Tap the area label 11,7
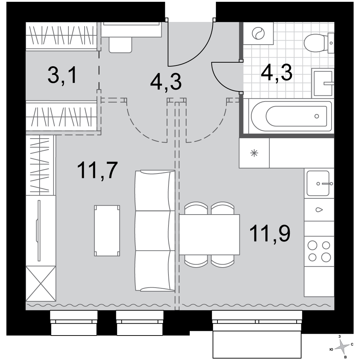tap(98, 170)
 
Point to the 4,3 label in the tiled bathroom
tap(276, 73)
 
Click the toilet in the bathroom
tap(319, 43)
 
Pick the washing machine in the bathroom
tap(258, 33)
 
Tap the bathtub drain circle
tap(317, 116)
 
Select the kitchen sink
tap(318, 183)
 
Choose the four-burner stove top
tap(319, 251)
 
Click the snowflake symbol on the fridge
tap(254, 153)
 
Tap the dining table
tap(209, 234)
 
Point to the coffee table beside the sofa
tap(107, 230)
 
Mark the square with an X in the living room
tap(41, 284)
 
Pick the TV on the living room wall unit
tap(39, 230)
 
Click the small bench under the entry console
tap(120, 45)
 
